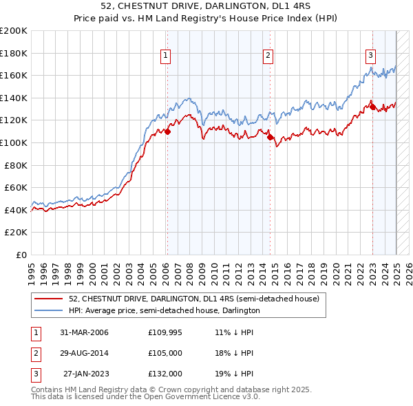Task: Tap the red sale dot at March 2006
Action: pyautogui.click(x=167, y=131)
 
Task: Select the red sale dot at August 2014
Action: pyautogui.click(x=270, y=137)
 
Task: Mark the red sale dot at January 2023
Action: pyautogui.click(x=372, y=107)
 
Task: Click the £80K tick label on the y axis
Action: pyautogui.click(x=17, y=165)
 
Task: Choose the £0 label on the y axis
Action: pyautogui.click(x=21, y=255)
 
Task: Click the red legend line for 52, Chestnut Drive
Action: pyautogui.click(x=50, y=299)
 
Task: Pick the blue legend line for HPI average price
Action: pyautogui.click(x=50, y=310)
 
